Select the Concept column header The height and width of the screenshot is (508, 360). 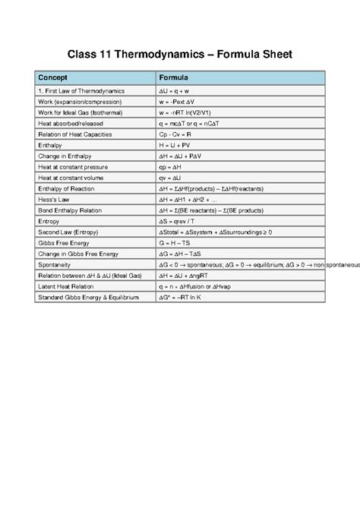click(x=53, y=77)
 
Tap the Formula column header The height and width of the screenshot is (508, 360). click(x=174, y=77)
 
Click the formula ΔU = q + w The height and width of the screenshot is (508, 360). click(x=179, y=91)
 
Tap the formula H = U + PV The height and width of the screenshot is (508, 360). click(x=176, y=145)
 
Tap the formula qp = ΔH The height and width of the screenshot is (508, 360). click(x=172, y=166)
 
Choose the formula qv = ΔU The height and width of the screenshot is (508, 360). click(x=172, y=177)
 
